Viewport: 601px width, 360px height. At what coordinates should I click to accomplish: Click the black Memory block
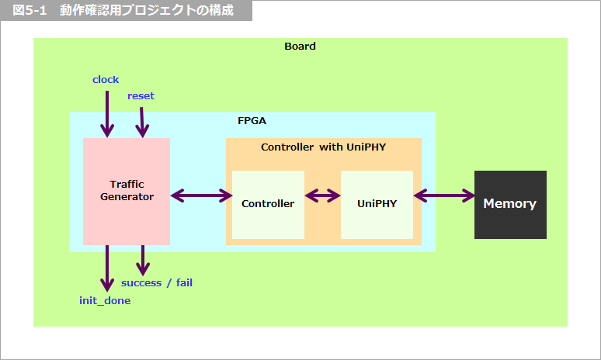tap(510, 204)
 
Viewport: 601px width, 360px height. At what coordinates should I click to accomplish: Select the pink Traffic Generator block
tap(127, 191)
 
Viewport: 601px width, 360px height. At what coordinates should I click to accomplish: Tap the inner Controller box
tap(268, 204)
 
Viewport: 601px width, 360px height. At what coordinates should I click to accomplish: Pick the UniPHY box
tap(377, 204)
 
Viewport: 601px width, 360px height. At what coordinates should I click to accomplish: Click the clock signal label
tap(106, 79)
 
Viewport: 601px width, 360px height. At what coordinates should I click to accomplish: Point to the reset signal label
tap(141, 95)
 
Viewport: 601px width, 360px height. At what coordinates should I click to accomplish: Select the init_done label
tap(105, 300)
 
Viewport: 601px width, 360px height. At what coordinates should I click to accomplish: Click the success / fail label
tap(157, 282)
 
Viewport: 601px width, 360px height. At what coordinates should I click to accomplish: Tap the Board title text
tap(300, 46)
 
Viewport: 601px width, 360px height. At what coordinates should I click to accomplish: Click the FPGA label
tap(252, 121)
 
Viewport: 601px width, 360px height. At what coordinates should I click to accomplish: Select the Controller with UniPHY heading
tap(323, 147)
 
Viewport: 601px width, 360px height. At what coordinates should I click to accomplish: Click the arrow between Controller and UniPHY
tap(322, 196)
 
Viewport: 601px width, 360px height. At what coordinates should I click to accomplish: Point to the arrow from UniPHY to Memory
tap(443, 196)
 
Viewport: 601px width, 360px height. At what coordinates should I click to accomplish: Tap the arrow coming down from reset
tap(141, 122)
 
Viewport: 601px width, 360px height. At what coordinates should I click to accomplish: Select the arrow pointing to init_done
tap(107, 268)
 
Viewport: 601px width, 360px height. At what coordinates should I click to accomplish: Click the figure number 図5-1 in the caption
tap(30, 11)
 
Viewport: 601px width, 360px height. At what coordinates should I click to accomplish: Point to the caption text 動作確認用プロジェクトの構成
tap(147, 11)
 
